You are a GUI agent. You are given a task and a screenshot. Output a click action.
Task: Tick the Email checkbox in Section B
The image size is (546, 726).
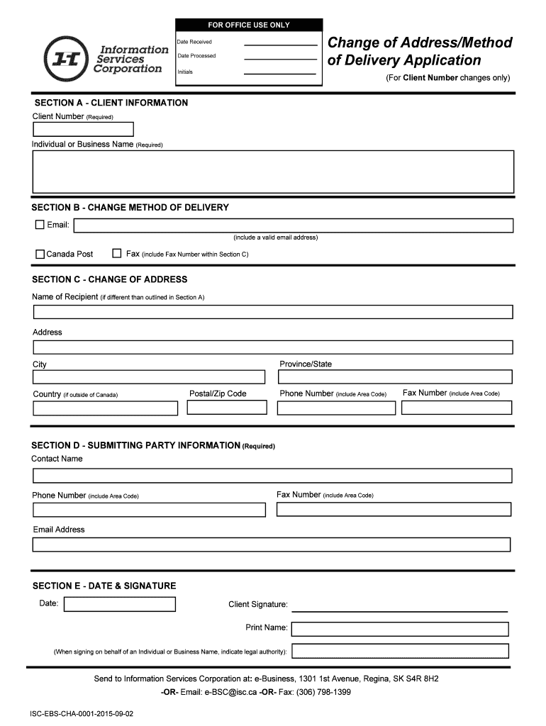pos(40,225)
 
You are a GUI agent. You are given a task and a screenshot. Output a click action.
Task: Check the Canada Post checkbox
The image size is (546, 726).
pos(40,253)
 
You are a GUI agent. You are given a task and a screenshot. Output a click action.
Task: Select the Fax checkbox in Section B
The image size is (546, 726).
pos(117,253)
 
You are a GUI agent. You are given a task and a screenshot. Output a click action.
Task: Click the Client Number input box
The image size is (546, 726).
pos(83,129)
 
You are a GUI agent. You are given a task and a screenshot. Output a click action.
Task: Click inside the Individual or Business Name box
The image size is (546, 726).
pos(273,172)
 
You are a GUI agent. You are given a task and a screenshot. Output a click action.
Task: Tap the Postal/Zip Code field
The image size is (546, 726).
pos(227,408)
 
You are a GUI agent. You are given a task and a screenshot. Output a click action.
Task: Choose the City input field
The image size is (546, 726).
pos(149,376)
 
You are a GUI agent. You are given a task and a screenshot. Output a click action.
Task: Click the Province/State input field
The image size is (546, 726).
pos(395,376)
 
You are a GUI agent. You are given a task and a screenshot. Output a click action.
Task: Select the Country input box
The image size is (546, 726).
pos(106,408)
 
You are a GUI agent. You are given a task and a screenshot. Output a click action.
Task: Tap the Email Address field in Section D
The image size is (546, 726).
pos(272,544)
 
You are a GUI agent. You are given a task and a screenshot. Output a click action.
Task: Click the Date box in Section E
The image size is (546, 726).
pos(119,604)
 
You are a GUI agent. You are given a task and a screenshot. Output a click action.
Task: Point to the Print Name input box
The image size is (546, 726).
pos(400,629)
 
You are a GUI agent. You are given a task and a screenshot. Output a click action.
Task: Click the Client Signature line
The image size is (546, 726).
pos(400,608)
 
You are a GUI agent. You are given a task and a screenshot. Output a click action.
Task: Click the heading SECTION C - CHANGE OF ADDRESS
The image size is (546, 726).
pos(110,279)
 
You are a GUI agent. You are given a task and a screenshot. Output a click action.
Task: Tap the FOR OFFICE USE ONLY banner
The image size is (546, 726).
pos(248,25)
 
